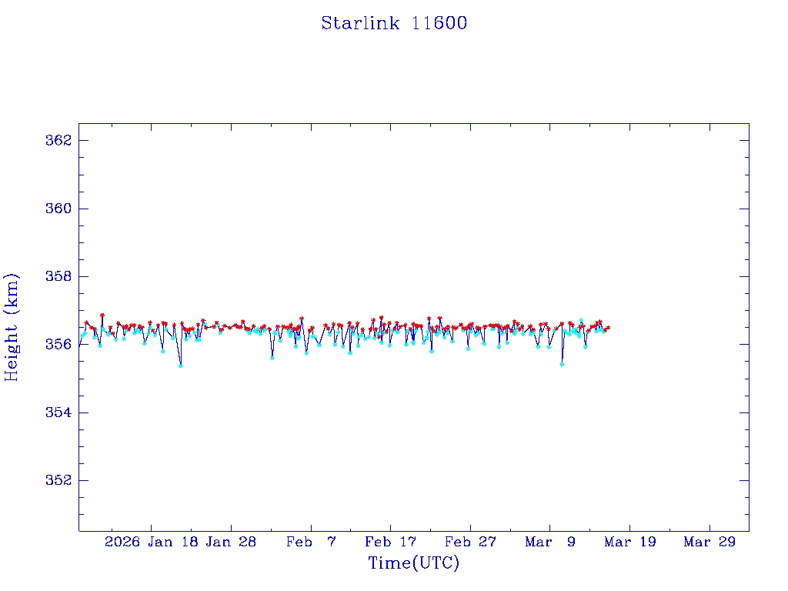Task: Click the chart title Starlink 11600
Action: (394, 23)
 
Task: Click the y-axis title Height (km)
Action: (12, 326)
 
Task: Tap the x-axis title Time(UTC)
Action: (413, 563)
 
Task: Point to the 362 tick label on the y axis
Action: (58, 141)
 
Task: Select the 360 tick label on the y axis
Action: (58, 209)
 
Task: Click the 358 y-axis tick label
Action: (58, 276)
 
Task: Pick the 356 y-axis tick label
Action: (58, 344)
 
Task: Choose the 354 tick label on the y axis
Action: (58, 412)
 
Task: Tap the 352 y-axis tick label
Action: (58, 480)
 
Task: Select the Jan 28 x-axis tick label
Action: (231, 542)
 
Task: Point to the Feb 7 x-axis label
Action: (311, 542)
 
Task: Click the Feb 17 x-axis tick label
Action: (390, 542)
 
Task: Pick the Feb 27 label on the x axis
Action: (470, 542)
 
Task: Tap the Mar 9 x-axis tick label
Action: (550, 542)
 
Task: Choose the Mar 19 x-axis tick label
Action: (629, 542)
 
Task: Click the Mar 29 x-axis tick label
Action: (710, 542)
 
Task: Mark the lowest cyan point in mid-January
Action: (181, 366)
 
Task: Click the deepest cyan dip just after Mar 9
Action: (562, 364)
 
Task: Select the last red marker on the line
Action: (608, 328)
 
